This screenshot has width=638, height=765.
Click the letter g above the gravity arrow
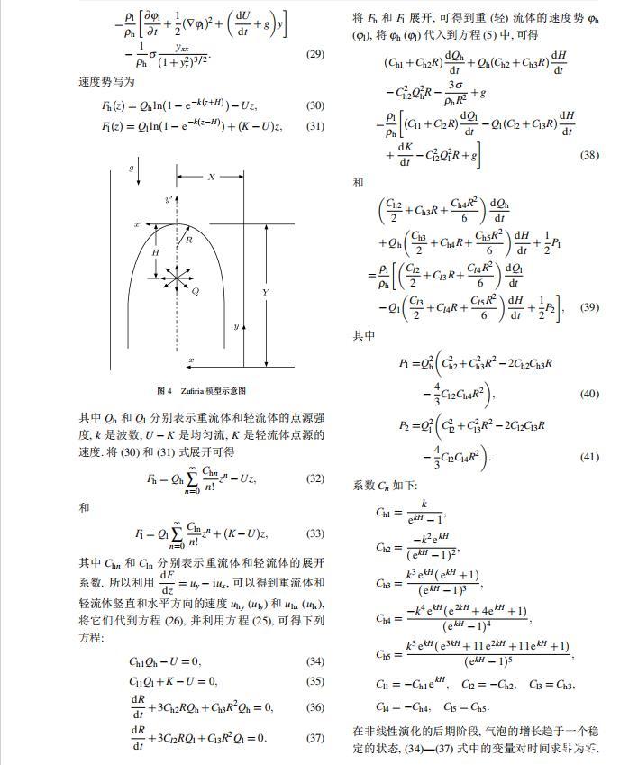coord(131,168)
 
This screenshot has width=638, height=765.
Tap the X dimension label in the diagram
coord(212,178)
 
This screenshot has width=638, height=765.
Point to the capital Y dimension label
coord(265,293)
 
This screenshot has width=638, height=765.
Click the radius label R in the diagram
coord(189,241)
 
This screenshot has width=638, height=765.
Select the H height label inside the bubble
coord(155,254)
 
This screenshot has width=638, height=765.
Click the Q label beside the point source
coord(196,292)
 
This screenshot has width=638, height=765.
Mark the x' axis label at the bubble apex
coord(138,223)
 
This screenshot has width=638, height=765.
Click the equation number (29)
coord(315,54)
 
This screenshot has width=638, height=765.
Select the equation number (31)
coord(315,126)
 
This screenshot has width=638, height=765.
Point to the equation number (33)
coord(315,533)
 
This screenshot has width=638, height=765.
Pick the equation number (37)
coord(315,738)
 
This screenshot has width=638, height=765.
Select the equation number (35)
coord(315,681)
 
